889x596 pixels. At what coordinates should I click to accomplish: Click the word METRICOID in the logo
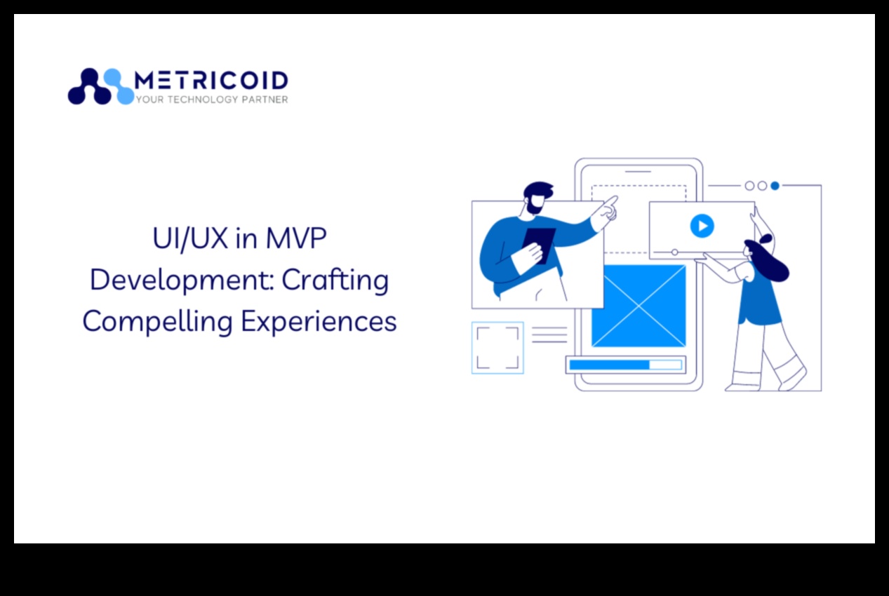[211, 80]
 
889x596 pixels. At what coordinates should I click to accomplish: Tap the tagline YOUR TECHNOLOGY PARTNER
[212, 100]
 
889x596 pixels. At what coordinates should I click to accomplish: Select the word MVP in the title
[295, 238]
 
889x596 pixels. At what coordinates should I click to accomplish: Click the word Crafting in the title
[335, 280]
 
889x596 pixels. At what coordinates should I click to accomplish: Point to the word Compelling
[158, 321]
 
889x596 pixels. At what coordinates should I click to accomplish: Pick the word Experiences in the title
[319, 321]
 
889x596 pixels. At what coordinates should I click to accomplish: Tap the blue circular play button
[702, 226]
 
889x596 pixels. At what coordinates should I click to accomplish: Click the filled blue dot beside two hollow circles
[775, 186]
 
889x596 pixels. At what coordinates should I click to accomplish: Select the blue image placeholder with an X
[639, 306]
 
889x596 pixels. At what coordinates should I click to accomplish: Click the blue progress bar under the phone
[609, 365]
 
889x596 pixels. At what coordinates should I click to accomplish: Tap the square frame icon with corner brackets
[497, 348]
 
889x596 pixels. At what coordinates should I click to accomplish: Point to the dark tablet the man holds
[539, 246]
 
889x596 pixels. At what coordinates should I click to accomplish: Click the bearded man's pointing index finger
[613, 201]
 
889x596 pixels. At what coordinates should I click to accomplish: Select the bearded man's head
[537, 198]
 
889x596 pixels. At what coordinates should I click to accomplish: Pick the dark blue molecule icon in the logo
[90, 86]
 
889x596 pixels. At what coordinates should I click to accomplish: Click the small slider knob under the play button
[675, 252]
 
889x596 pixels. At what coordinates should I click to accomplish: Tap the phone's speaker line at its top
[639, 172]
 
